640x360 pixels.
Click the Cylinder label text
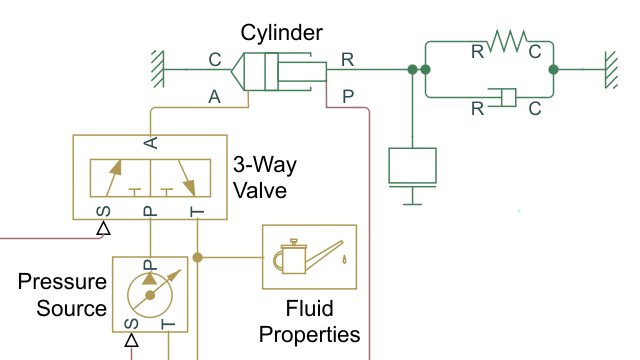276,33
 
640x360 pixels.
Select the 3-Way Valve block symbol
150,177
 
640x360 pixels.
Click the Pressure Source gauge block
150,296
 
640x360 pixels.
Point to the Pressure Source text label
62,295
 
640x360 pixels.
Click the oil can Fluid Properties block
309,258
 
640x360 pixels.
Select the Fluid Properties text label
309,320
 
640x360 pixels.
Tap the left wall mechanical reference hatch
156,69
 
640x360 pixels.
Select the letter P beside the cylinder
347,96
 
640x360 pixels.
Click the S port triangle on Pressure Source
130,341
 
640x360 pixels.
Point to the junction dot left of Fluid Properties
198,258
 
